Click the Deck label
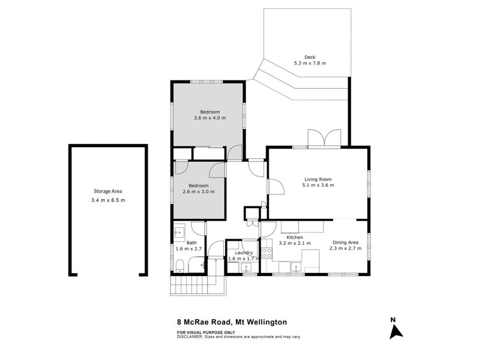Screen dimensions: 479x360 310,57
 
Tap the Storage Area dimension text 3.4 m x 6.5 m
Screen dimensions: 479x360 108,200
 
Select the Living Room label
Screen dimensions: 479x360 318,179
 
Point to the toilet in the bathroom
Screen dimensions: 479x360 179,266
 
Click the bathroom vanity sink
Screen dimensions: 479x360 179,232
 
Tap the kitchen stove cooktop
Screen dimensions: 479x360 267,253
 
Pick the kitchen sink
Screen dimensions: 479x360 296,267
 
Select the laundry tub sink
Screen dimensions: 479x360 246,268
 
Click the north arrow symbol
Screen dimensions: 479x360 396,332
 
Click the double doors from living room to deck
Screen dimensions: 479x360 324,139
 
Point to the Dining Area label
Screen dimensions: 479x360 345,242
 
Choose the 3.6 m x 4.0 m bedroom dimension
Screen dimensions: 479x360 210,118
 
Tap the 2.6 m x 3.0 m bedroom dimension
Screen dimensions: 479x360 199,192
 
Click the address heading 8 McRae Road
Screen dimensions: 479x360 205,322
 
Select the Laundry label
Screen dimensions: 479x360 244,253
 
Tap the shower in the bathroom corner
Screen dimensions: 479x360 196,265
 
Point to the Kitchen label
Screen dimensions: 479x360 295,237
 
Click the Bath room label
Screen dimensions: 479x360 191,243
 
